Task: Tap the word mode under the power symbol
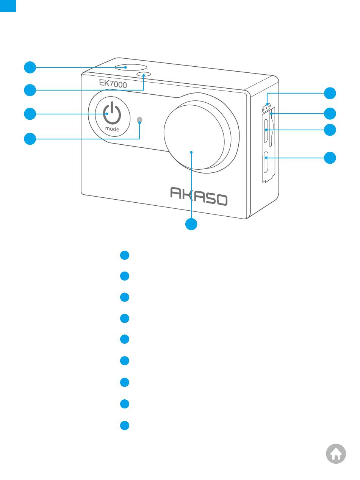pos(112,129)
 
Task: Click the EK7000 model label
pos(113,83)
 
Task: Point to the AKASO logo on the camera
pos(199,196)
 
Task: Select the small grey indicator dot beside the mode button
pos(139,120)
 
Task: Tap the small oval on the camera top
pos(144,74)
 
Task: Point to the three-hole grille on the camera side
pos(268,108)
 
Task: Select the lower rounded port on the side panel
pos(266,157)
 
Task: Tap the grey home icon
pos(336,453)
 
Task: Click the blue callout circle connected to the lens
pos(191,224)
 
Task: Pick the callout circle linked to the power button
pos(30,114)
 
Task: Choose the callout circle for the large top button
pos(30,68)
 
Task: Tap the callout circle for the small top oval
pos(30,90)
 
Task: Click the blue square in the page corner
pos(8,6)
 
